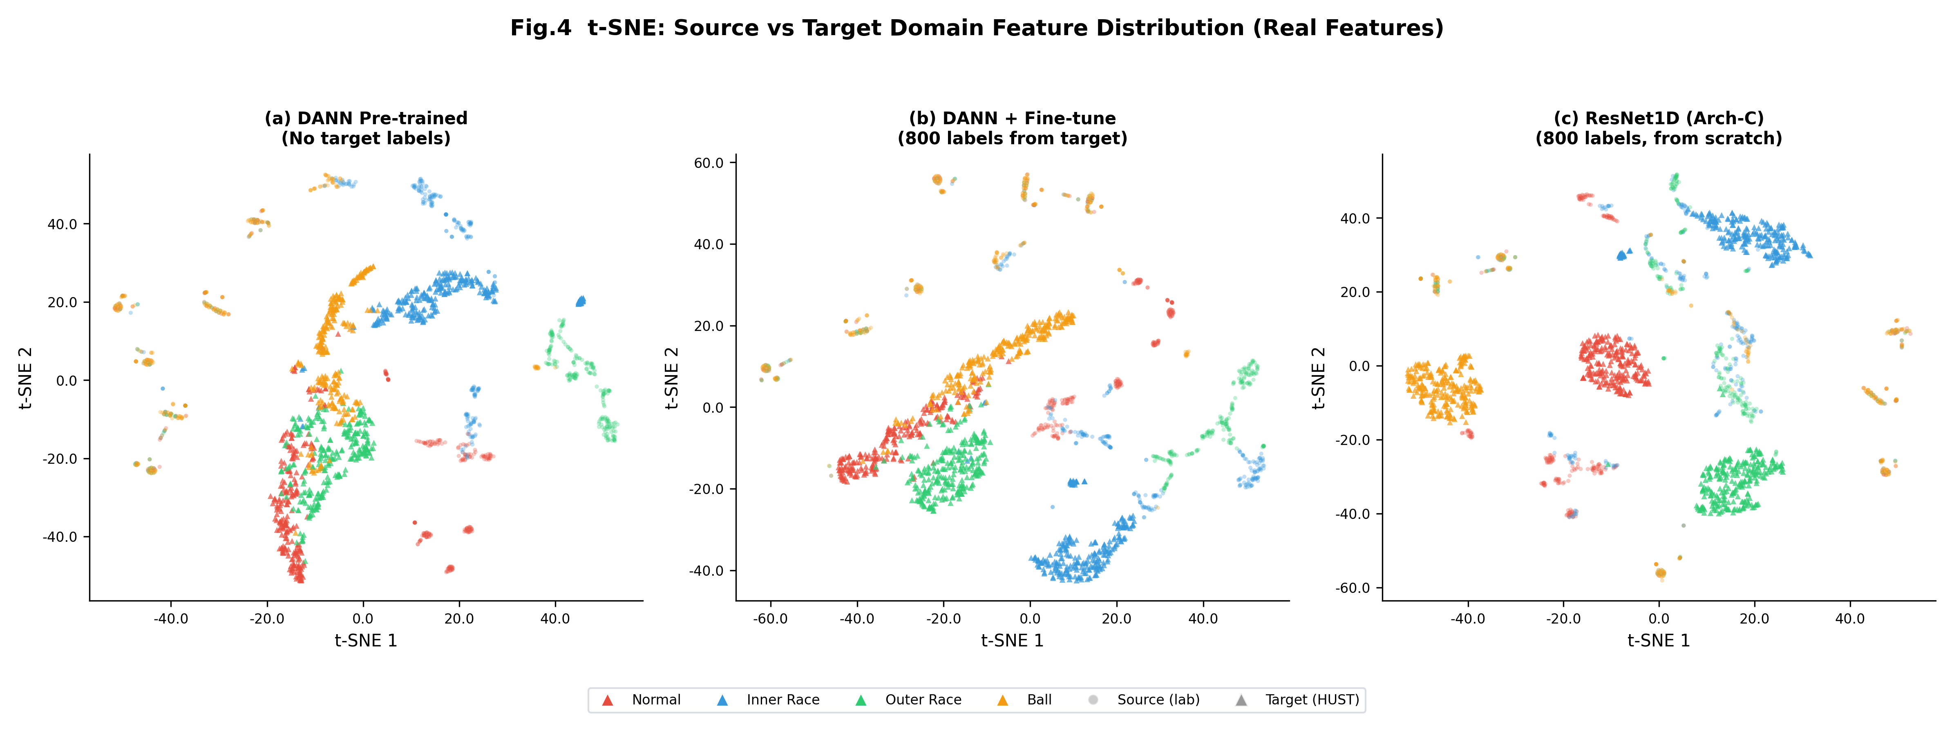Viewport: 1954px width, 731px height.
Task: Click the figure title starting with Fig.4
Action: pyautogui.click(x=976, y=28)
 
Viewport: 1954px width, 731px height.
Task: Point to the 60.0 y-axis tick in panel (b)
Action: pyautogui.click(x=709, y=163)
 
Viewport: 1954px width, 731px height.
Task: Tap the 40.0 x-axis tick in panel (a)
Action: pyautogui.click(x=554, y=619)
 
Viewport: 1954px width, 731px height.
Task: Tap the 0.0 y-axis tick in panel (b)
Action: pyautogui.click(x=713, y=408)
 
